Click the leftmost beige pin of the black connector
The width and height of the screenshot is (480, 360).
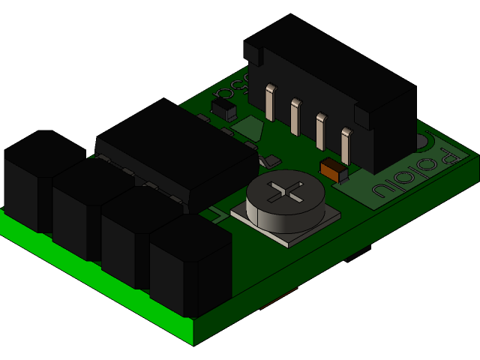(270, 102)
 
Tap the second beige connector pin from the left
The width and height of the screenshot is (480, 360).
(295, 116)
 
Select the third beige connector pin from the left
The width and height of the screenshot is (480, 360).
(321, 130)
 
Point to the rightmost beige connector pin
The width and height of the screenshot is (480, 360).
(346, 145)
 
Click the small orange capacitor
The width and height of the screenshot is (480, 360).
(333, 169)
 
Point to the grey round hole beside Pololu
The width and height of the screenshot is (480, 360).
(421, 141)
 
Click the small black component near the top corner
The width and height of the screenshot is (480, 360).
(223, 109)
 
